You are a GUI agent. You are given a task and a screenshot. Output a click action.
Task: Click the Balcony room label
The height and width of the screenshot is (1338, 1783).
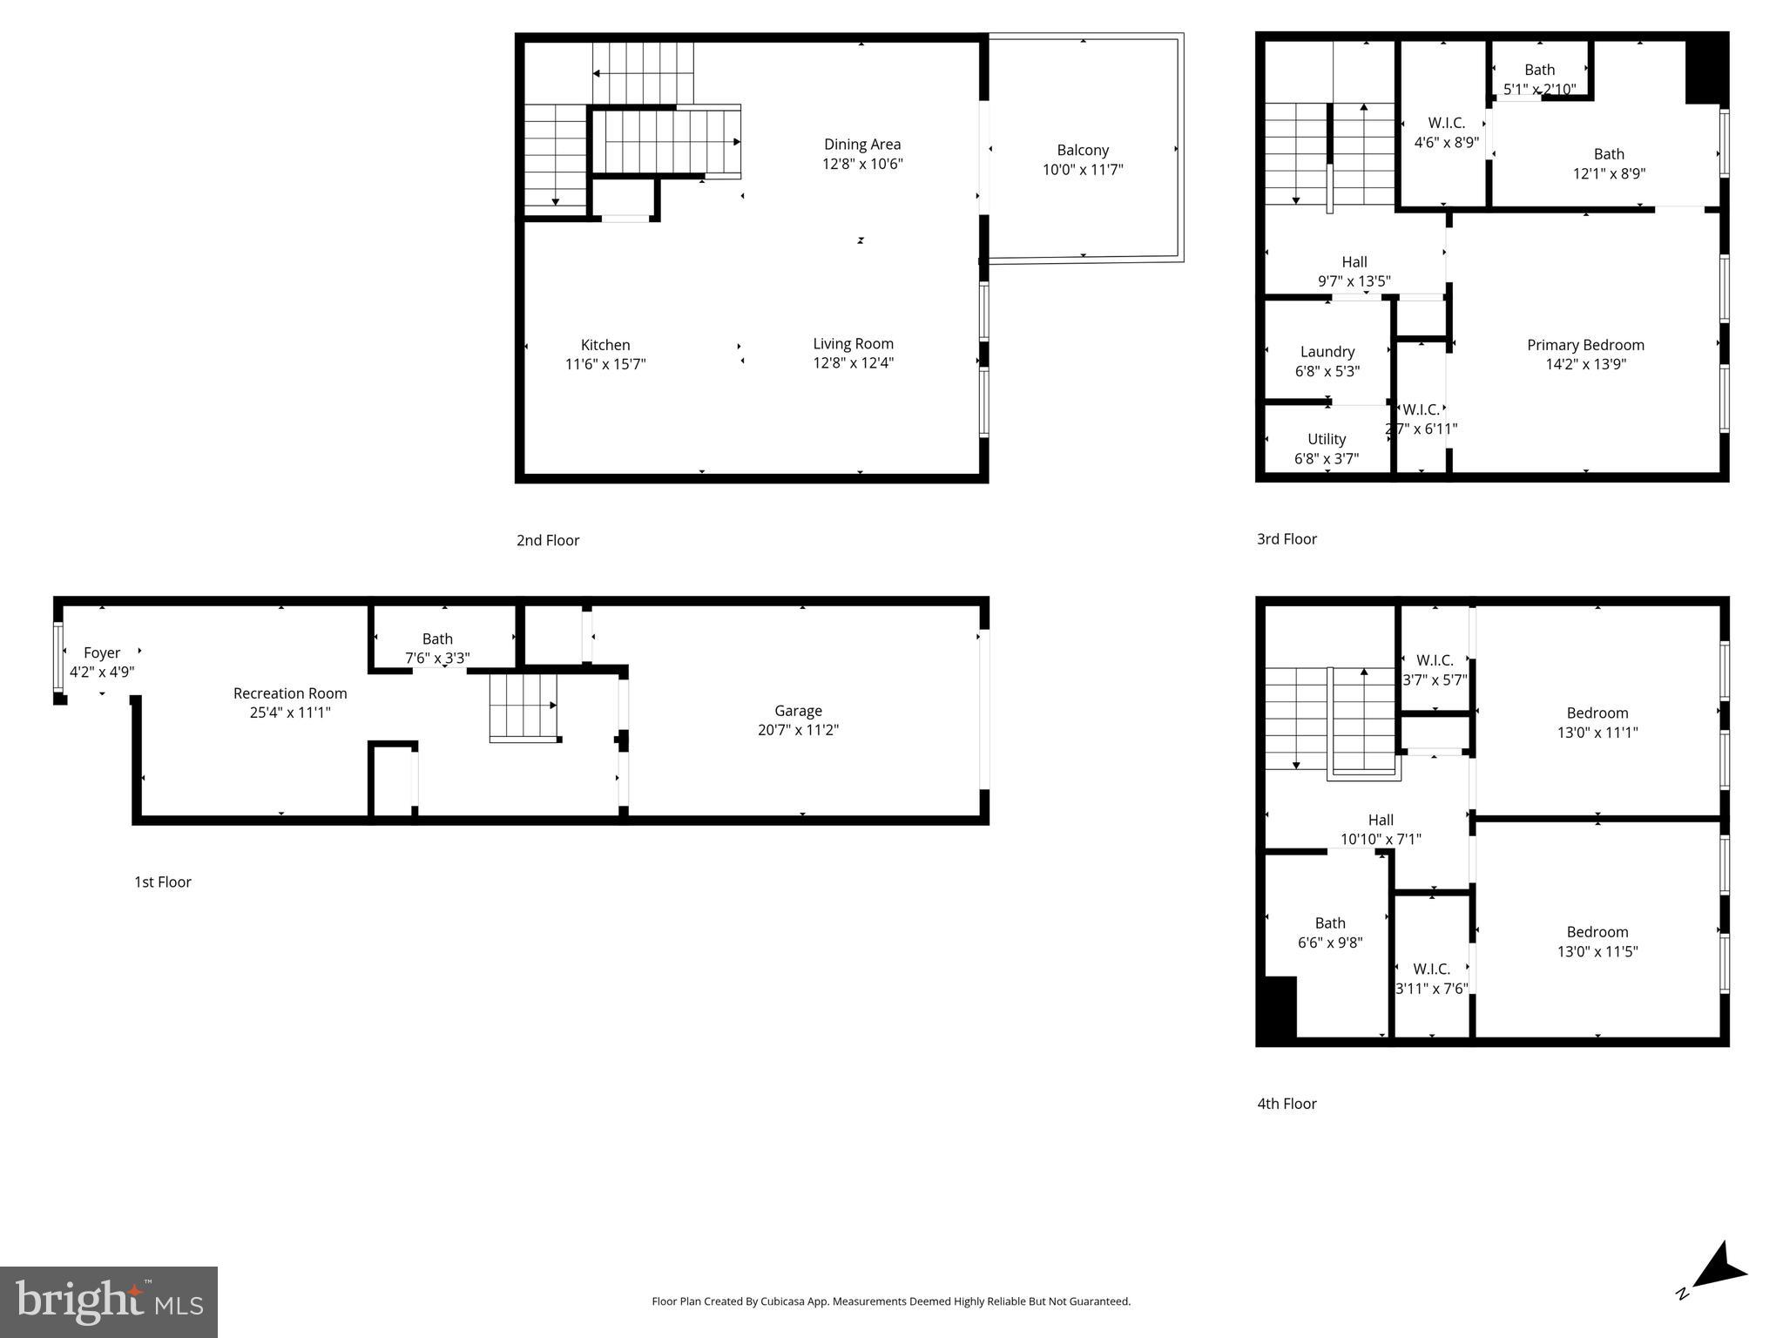1082,150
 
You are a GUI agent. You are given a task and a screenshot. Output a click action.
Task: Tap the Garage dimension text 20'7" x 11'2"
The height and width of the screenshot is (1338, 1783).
798,730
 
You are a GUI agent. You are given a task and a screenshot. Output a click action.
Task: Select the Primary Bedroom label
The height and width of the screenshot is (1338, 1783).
1584,345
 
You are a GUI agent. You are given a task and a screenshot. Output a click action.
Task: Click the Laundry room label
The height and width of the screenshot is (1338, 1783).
1327,352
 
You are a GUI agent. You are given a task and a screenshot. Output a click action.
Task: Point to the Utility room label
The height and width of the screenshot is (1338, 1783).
1326,439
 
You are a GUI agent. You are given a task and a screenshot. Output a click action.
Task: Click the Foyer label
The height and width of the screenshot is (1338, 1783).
102,652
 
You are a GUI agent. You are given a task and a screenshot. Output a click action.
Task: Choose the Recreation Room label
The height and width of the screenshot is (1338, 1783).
290,693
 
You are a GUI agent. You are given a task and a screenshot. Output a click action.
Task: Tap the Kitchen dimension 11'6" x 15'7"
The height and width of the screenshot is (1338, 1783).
605,364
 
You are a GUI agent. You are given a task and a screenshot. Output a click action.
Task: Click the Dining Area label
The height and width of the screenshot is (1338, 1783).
862,145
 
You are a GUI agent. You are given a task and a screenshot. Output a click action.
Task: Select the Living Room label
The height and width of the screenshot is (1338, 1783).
853,344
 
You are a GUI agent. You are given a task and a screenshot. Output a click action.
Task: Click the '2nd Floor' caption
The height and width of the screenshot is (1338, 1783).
547,540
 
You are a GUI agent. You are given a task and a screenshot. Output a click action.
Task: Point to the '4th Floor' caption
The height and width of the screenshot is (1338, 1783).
1286,1104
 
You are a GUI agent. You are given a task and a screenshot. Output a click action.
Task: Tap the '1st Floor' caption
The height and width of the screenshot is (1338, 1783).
162,882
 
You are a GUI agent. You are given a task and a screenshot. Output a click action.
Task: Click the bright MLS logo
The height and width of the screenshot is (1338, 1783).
109,1301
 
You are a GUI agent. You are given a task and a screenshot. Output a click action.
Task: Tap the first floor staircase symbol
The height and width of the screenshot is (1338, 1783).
523,706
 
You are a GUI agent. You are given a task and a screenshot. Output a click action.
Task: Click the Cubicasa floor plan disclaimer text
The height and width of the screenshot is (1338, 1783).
890,1301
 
